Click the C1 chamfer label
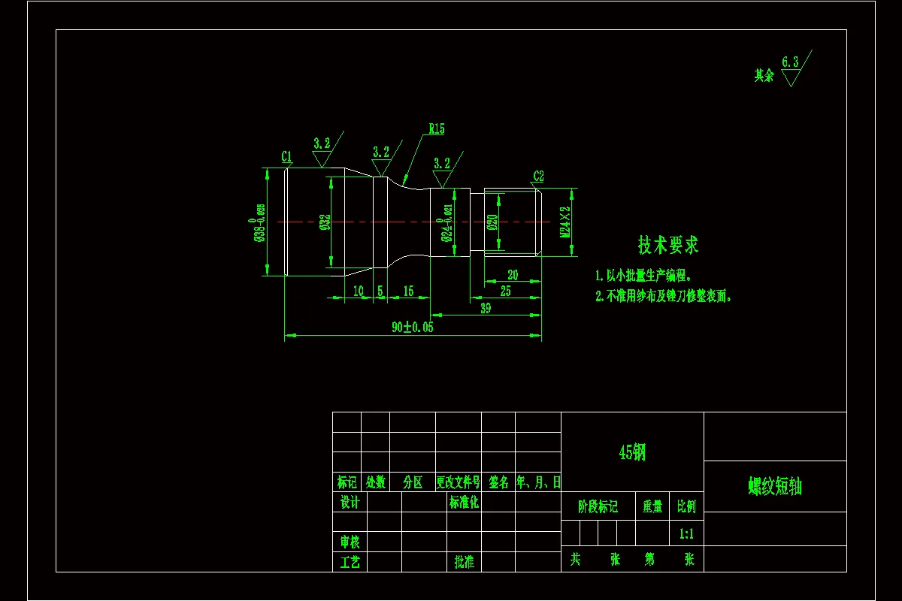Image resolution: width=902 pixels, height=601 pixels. tap(286, 156)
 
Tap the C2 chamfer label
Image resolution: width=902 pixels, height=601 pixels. tap(538, 177)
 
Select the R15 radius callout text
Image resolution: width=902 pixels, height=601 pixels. tap(437, 129)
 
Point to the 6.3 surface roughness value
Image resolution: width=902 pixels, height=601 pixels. tap(790, 62)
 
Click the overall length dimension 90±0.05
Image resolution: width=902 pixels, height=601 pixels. tap(413, 328)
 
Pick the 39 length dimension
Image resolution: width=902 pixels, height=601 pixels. tap(486, 308)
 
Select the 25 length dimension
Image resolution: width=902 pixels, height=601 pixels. tap(505, 291)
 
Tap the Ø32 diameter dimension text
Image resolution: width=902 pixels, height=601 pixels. tap(325, 222)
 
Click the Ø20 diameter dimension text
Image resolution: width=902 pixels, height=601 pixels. tap(492, 222)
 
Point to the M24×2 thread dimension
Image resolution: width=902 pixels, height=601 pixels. tap(565, 222)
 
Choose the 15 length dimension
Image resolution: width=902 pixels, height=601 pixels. tap(408, 291)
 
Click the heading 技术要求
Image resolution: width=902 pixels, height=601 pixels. tap(668, 245)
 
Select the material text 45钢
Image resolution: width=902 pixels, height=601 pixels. tap(632, 452)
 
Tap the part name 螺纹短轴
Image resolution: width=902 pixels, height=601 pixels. tap(775, 487)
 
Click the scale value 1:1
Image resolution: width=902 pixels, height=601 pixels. tap(686, 534)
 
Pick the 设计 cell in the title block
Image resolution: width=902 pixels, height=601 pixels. tap(350, 503)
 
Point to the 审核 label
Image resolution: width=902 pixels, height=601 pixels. tap(350, 542)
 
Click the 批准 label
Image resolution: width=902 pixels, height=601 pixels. tap(464, 562)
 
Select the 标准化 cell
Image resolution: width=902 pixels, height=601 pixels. tap(464, 503)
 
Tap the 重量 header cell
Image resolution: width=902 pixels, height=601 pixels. tap(652, 507)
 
